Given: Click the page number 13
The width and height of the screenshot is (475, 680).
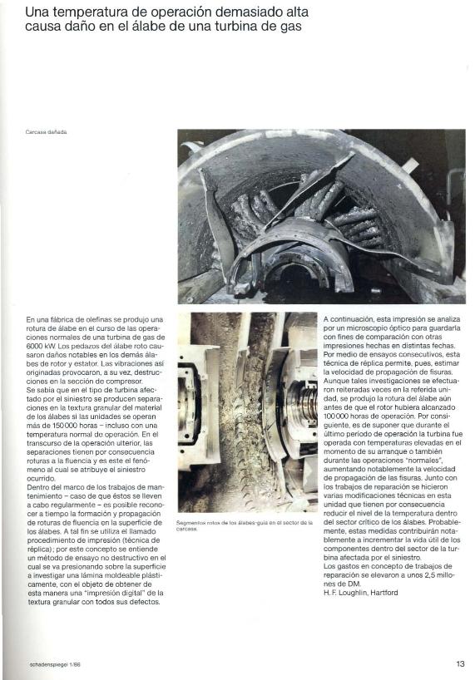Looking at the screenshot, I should [460, 664].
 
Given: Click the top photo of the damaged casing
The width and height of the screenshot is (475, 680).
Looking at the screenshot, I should [321, 216].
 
